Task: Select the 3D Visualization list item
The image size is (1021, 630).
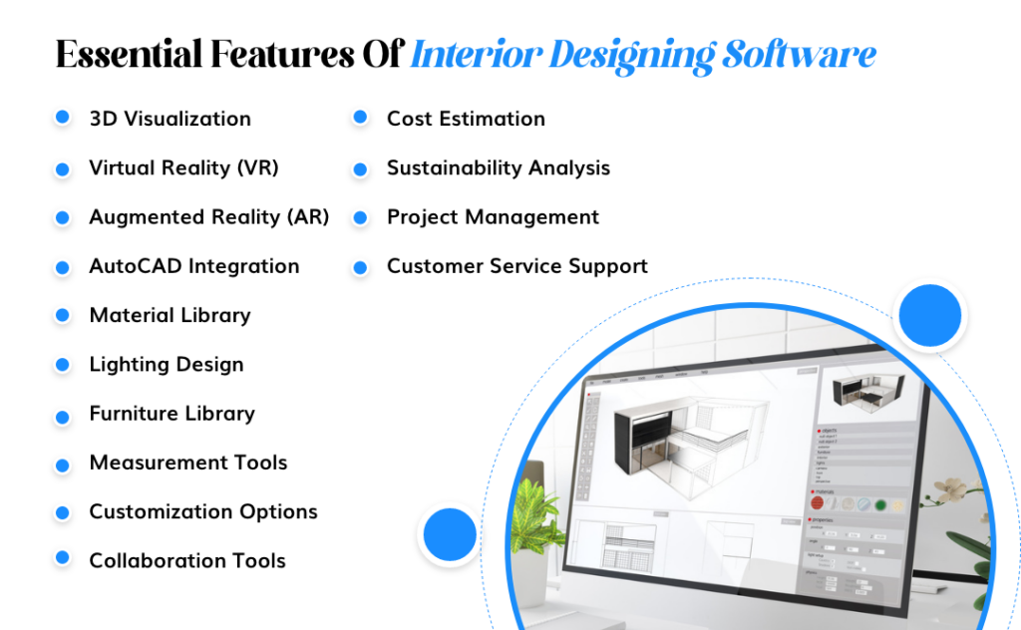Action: coord(170,119)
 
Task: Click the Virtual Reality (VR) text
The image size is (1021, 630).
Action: coord(183,167)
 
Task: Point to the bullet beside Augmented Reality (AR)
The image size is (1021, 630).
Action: coord(62,217)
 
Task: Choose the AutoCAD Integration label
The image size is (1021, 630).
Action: coord(193,266)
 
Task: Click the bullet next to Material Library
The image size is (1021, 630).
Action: coord(62,315)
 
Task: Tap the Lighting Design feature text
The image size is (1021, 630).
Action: coord(166,364)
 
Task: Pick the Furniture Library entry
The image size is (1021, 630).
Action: coord(171,413)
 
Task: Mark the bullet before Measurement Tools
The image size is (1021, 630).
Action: coord(62,463)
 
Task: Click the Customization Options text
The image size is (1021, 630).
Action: coord(202,511)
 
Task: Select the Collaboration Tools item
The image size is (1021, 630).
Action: coord(187,560)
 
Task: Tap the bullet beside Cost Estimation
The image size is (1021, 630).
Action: coord(360,119)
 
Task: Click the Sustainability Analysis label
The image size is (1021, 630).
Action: coord(498,167)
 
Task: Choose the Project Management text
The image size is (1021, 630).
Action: coord(493,216)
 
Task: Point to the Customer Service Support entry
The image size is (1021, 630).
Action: coord(516,266)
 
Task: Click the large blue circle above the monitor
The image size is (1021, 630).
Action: coord(929,315)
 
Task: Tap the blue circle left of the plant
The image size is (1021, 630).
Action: coord(450,534)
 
